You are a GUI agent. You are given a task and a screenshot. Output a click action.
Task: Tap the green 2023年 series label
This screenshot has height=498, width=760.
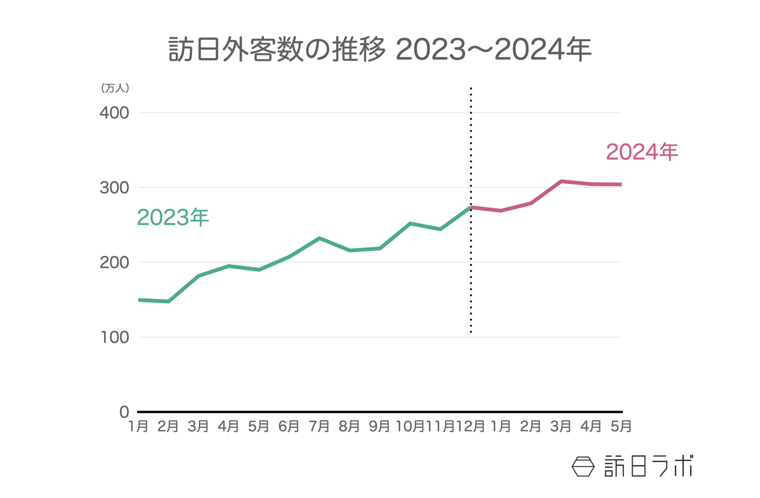[173, 218]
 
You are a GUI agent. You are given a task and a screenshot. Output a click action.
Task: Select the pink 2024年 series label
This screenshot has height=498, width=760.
[642, 152]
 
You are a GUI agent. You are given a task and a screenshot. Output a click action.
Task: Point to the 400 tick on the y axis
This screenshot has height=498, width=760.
[114, 113]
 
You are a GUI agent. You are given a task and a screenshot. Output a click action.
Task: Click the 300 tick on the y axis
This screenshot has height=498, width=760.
[114, 188]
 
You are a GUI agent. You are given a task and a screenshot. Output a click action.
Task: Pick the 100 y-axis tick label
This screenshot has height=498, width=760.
[114, 337]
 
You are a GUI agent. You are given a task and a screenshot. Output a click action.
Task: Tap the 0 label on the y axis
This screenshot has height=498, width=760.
[124, 412]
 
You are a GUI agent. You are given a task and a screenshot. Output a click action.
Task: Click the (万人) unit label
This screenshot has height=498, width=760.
[115, 88]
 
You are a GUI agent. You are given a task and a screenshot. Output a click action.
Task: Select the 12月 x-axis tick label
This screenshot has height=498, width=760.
[470, 426]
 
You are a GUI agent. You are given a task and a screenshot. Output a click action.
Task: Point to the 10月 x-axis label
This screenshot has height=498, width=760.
[410, 426]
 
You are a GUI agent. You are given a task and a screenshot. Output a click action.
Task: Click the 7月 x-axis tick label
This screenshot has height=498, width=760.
[319, 426]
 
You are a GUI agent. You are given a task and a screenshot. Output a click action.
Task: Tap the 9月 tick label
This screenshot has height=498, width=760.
[380, 426]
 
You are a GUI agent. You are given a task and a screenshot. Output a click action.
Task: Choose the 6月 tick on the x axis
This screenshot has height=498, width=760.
[289, 426]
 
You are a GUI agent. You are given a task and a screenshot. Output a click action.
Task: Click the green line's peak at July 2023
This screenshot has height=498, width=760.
[319, 238]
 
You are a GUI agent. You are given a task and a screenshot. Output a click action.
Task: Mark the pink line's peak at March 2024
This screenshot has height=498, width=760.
[561, 182]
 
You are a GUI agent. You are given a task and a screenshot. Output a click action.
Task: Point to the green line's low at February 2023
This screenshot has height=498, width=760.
[169, 301]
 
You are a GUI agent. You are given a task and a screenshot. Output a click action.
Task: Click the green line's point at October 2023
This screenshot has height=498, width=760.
[410, 223]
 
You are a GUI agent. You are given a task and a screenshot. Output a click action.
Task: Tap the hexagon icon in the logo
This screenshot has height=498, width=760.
[583, 466]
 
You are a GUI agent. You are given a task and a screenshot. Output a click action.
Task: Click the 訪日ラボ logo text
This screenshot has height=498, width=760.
[648, 466]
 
